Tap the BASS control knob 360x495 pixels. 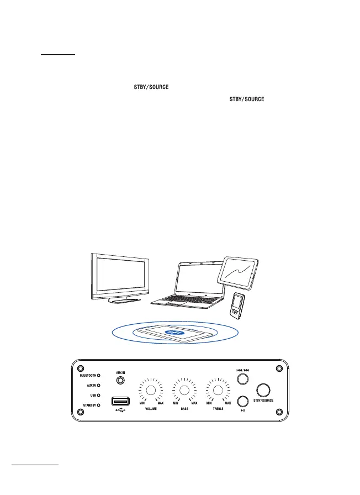(x=184, y=391)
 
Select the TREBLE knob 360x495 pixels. (x=218, y=391)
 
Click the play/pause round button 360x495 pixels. (x=242, y=401)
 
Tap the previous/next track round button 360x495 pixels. (x=242, y=379)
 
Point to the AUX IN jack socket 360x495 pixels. (x=120, y=381)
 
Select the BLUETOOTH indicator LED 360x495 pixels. (x=99, y=375)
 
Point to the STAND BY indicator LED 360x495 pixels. (x=99, y=405)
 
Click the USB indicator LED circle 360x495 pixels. (x=99, y=395)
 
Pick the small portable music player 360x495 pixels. (x=237, y=305)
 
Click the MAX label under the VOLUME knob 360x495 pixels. (x=161, y=403)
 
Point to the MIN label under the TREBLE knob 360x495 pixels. (x=209, y=403)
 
